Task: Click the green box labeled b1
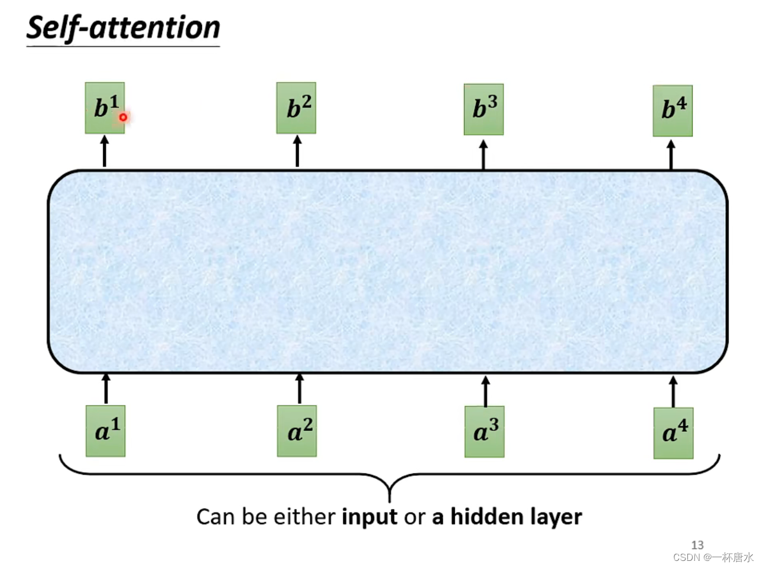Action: (105, 108)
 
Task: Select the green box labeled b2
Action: (296, 108)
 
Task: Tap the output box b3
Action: (483, 109)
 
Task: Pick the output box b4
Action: (673, 110)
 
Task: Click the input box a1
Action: (106, 431)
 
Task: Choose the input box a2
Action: (297, 431)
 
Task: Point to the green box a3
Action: (485, 432)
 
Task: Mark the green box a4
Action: (673, 433)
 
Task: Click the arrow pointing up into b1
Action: (105, 151)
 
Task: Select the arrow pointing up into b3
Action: (483, 155)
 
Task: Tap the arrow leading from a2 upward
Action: (300, 389)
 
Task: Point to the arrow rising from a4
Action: (673, 391)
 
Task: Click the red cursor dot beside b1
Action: (123, 117)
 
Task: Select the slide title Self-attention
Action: (123, 28)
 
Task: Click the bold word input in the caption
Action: (369, 517)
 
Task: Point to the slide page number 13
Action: (697, 545)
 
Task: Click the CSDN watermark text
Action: (713, 557)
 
